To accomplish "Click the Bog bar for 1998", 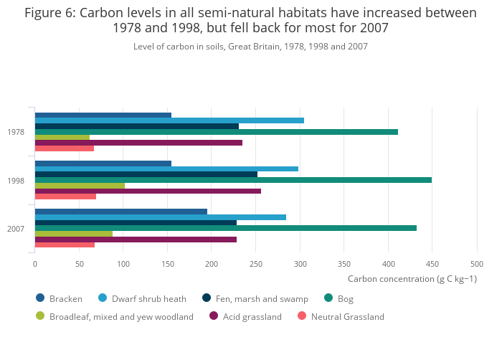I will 233,180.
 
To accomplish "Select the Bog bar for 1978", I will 216,132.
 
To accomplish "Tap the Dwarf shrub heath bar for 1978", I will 169,120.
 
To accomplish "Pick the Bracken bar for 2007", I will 120,212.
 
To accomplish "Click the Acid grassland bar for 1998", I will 148,191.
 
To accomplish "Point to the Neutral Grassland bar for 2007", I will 65,245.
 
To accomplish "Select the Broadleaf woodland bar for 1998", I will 80,186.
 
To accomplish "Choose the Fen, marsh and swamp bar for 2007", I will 136,222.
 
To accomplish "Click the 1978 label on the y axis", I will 16,132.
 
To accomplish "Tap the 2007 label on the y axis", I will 16,229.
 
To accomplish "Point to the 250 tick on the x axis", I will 255,264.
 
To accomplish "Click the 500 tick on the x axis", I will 476,264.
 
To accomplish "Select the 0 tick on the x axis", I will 35,264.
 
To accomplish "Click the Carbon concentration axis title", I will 412,279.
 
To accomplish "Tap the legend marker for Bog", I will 328,298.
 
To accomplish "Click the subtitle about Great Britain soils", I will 250,47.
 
